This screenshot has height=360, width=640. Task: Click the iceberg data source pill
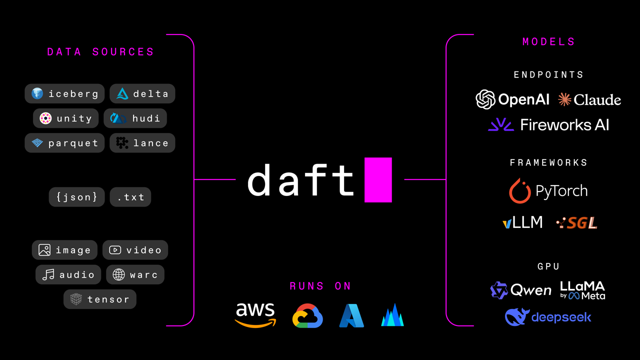[64, 93]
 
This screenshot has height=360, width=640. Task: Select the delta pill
[142, 93]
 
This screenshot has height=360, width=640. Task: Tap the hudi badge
[135, 118]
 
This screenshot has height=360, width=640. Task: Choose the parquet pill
[64, 143]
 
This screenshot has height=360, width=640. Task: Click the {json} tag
[77, 197]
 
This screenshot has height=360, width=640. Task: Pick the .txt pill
[130, 197]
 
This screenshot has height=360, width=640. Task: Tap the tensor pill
[100, 299]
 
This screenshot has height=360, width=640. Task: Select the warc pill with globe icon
[135, 274]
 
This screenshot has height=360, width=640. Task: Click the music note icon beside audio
[48, 274]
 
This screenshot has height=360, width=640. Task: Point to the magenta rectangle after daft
[378, 179]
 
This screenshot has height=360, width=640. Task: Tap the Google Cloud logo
[307, 316]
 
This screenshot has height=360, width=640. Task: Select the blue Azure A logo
[351, 316]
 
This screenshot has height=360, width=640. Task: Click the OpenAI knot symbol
[485, 99]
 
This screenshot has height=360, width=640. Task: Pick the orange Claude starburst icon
[564, 99]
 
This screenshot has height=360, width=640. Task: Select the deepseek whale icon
[517, 317]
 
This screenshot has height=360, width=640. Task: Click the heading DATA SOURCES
[100, 52]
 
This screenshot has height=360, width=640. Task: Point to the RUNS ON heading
[320, 286]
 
